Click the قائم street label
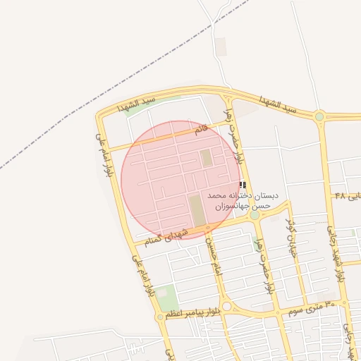[202, 130]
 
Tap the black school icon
[243, 185]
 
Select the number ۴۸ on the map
[341, 195]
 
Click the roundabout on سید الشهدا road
[319, 116]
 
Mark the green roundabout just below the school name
[254, 215]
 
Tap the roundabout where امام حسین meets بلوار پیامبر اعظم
[227, 307]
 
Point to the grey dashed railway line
[106, 99]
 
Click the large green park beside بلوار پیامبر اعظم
[167, 298]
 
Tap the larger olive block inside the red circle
[198, 211]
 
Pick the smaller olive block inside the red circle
[207, 158]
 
